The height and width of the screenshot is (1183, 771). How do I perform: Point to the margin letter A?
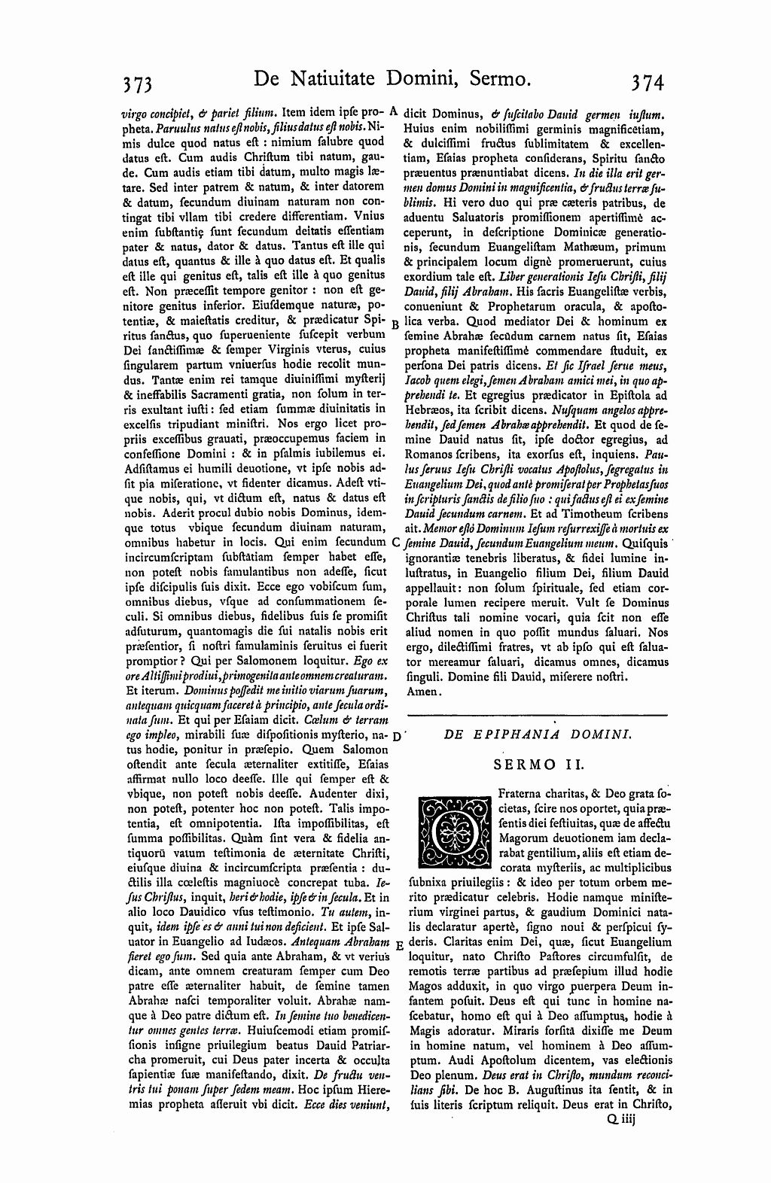tap(394, 110)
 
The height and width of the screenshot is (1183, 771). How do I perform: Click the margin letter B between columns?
tap(394, 324)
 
